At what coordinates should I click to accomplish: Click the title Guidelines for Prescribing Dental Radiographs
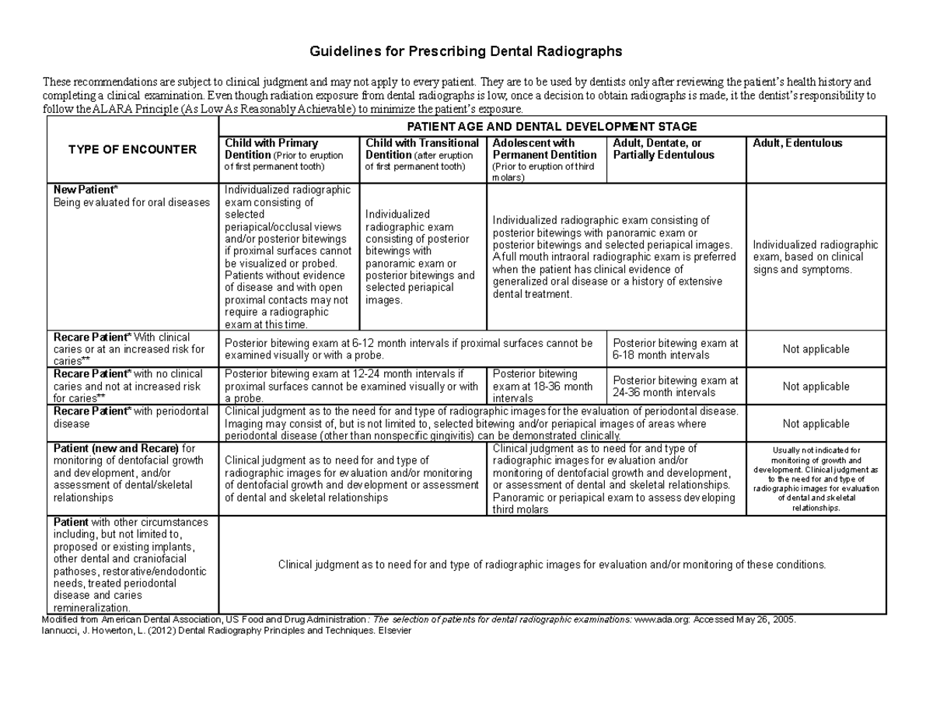click(x=466, y=52)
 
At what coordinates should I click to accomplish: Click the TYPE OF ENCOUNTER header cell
click(x=133, y=149)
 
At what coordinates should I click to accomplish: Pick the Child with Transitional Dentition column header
click(x=422, y=155)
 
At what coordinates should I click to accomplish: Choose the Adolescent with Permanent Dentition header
click(x=546, y=159)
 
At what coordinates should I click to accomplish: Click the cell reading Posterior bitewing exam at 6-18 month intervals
click(x=675, y=349)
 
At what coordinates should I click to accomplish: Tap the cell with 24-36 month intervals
click(x=675, y=387)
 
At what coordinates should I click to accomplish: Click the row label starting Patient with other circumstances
click(x=131, y=565)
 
